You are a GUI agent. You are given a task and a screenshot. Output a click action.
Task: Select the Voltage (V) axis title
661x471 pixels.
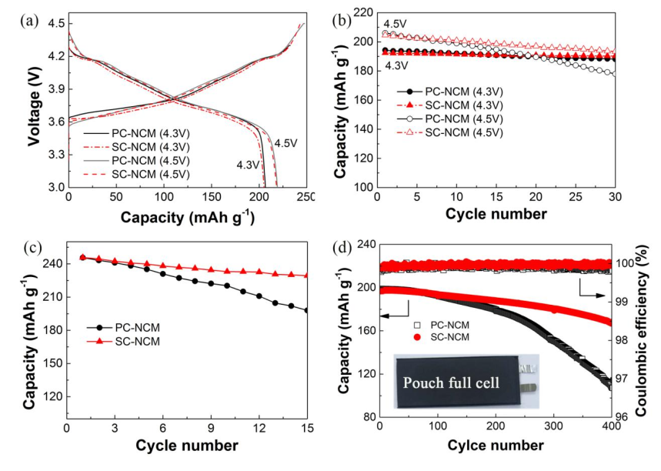pyautogui.click(x=34, y=104)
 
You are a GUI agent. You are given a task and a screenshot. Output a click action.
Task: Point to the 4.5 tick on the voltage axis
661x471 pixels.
pyautogui.click(x=56, y=24)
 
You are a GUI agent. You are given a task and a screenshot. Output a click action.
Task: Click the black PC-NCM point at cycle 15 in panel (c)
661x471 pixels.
pyautogui.click(x=306, y=310)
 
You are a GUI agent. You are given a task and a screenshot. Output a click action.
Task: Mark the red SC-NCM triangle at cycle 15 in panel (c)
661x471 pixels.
pyautogui.click(x=306, y=275)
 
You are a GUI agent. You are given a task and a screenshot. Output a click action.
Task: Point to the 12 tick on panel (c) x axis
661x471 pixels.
pyautogui.click(x=259, y=429)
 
